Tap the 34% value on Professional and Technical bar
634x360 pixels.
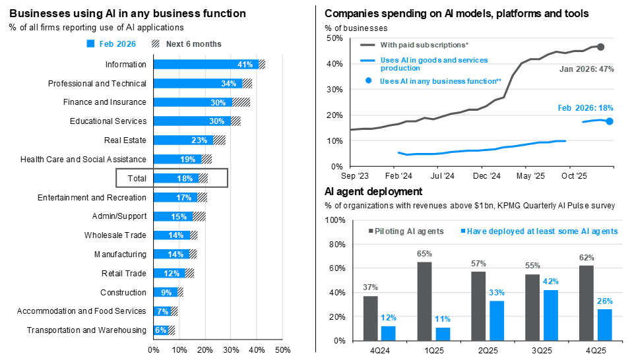pyautogui.click(x=229, y=83)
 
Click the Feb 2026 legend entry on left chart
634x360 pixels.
pyautogui.click(x=111, y=44)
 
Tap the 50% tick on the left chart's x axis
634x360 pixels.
pyautogui.click(x=282, y=349)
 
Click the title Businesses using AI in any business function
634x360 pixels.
pyautogui.click(x=127, y=13)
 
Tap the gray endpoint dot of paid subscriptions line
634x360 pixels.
pyautogui.click(x=600, y=47)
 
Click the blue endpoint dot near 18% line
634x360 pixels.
pyautogui.click(x=610, y=121)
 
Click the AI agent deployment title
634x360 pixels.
pyautogui.click(x=373, y=192)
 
